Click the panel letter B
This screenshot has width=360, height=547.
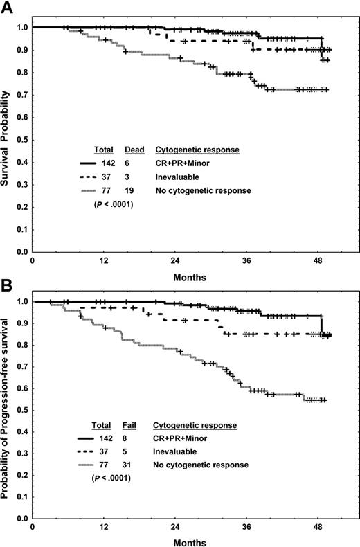[8, 283]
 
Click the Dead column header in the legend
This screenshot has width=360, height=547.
[133, 149]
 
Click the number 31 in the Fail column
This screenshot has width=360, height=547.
[130, 463]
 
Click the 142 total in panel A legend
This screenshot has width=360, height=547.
[106, 162]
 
